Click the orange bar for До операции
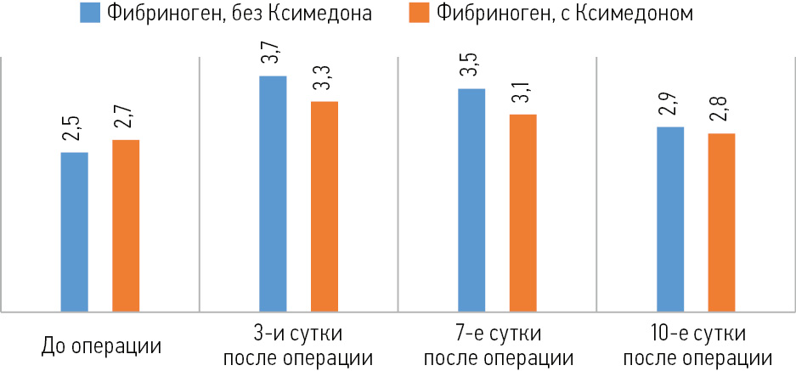coord(126,226)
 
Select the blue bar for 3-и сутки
coord(273,194)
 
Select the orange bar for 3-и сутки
coord(324,206)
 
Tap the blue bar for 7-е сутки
coord(471,200)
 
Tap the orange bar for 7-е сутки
coord(522,213)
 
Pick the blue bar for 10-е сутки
coord(670,219)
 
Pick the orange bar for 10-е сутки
coord(721,222)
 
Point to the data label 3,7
coord(273,62)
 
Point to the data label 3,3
coord(324,87)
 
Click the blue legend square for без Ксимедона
coord(91,14)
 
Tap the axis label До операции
coord(101,346)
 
